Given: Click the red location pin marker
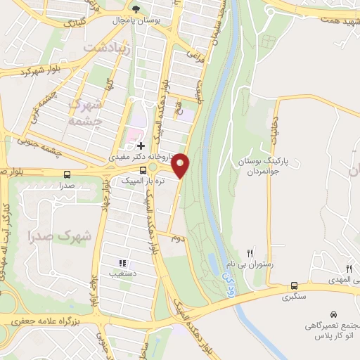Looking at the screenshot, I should point(181,166).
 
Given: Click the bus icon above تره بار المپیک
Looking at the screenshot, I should point(143,169).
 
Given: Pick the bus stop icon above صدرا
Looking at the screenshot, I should point(67,174).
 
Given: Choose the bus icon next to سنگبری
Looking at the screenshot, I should point(294,286).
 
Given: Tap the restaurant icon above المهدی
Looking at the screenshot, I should point(349,269).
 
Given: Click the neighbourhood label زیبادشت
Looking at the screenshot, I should point(105,48).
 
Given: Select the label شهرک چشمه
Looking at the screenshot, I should point(88,111).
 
